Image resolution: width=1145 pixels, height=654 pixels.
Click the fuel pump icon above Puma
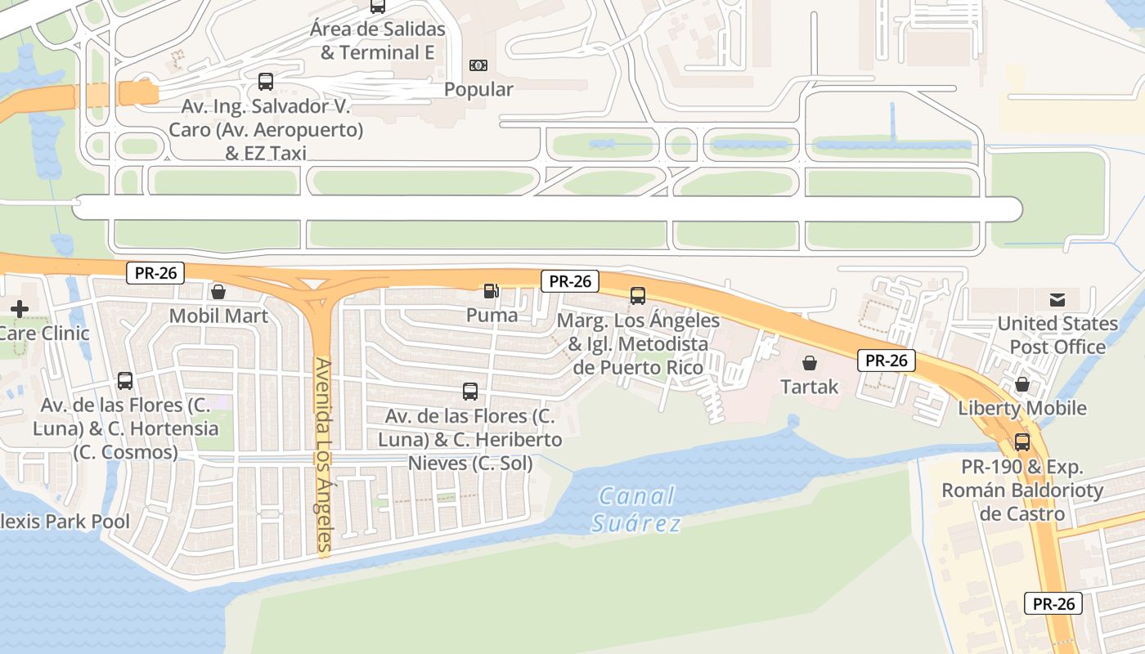491,291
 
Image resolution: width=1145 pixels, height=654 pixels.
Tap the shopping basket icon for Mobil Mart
218,292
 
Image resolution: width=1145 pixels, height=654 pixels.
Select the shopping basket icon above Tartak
810,362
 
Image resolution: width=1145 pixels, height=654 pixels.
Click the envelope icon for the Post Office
1057,299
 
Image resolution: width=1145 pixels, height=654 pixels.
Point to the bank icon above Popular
478,65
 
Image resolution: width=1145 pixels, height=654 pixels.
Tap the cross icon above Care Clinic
20,309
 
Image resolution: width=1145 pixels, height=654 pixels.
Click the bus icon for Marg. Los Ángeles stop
638,296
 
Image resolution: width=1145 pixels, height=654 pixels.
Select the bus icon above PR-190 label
1022,442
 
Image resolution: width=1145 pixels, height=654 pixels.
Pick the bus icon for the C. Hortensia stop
125,380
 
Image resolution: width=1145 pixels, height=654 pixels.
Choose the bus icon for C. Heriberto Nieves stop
470,391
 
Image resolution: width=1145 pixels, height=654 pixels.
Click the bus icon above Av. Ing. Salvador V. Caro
266,82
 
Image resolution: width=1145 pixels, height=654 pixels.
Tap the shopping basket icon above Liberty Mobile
1022,384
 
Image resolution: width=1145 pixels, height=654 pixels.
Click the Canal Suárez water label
636,509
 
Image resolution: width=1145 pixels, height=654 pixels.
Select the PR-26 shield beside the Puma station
570,281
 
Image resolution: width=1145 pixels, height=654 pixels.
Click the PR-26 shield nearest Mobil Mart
155,273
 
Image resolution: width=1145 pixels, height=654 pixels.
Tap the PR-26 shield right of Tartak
886,360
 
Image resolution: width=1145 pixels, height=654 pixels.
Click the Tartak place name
810,387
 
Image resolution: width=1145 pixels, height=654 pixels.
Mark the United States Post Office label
1057,335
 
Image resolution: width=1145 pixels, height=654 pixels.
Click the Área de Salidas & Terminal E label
378,41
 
